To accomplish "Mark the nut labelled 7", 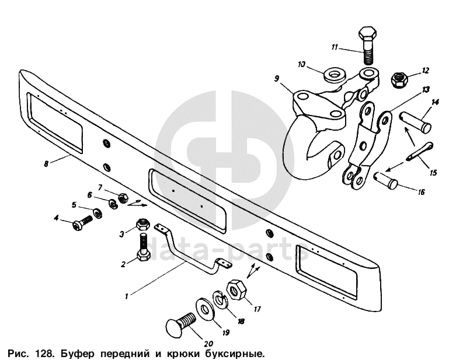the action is point(123,197).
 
